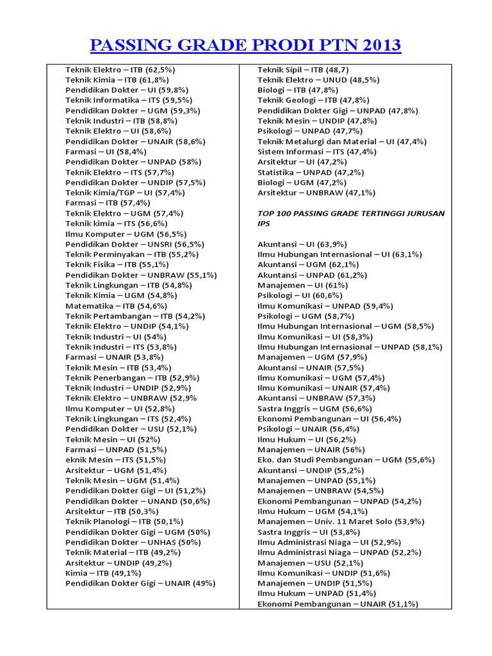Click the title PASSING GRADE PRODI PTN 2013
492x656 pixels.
coord(246,45)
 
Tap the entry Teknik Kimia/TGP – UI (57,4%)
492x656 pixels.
coord(125,192)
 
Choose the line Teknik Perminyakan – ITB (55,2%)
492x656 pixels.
coord(132,254)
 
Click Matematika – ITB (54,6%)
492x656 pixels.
coord(117,306)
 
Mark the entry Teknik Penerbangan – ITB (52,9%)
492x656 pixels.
coord(132,377)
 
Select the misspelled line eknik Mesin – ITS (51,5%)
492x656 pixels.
coord(115,459)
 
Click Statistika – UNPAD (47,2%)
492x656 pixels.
coord(311,172)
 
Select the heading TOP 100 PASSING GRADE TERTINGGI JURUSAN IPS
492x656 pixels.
coord(350,218)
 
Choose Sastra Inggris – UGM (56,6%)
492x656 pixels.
coord(315,408)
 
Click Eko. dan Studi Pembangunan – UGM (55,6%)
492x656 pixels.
coord(346,459)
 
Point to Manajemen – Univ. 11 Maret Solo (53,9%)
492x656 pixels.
coord(341,521)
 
